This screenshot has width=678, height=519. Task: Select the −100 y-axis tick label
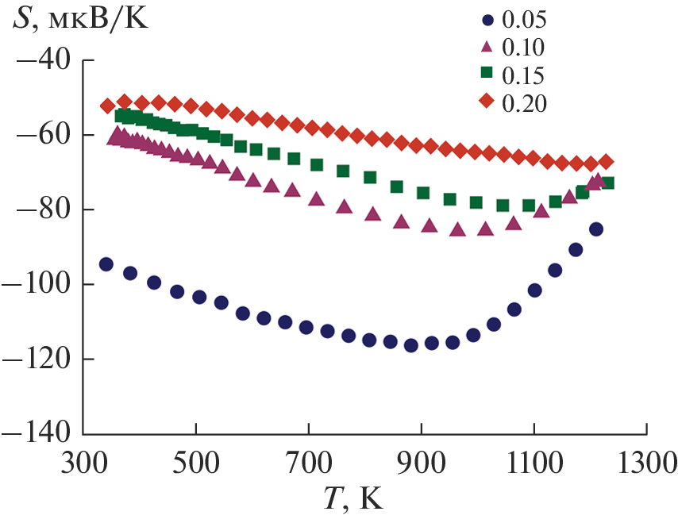[x=36, y=284]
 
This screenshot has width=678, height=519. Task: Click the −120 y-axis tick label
[x=36, y=359]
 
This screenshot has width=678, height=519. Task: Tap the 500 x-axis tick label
[x=195, y=461]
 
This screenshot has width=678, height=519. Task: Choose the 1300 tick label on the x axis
[x=646, y=461]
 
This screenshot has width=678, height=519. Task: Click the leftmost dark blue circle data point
[x=106, y=264]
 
